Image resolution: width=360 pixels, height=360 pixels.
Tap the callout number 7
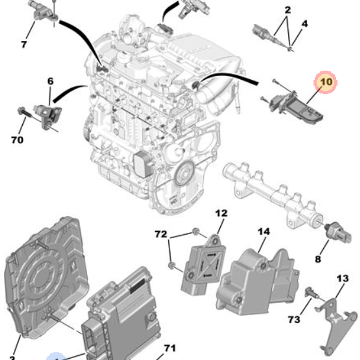click(24, 45)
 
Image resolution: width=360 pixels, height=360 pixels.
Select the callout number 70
click(17, 140)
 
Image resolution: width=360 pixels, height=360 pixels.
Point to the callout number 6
click(50, 81)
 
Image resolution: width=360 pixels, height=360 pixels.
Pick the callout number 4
click(305, 24)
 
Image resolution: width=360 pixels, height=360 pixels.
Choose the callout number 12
click(221, 213)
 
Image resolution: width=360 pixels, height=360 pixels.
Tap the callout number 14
click(264, 231)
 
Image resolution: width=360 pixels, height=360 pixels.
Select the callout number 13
click(343, 278)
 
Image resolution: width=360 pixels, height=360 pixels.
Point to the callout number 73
click(294, 319)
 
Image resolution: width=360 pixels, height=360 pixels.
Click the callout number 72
click(161, 235)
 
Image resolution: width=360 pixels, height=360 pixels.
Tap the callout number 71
click(170, 348)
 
